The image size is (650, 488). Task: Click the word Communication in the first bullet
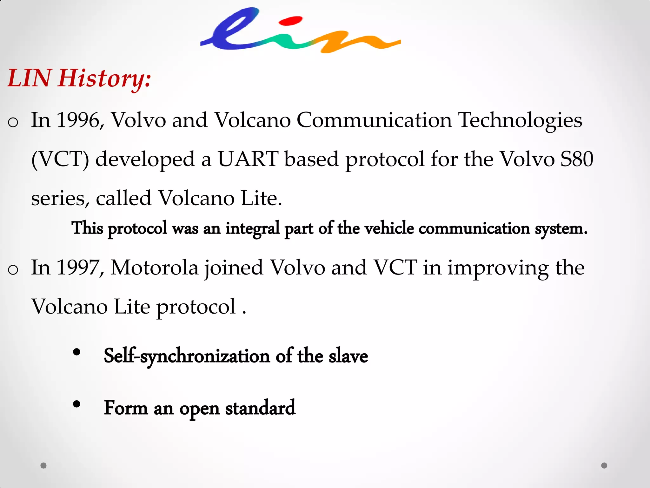[x=374, y=120]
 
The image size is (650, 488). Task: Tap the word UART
[x=248, y=159]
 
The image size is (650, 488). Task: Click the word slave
[x=348, y=356]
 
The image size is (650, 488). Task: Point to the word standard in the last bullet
[x=260, y=408]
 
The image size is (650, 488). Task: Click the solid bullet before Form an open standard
[x=76, y=404]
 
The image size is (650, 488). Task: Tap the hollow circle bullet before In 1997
[x=13, y=270]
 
